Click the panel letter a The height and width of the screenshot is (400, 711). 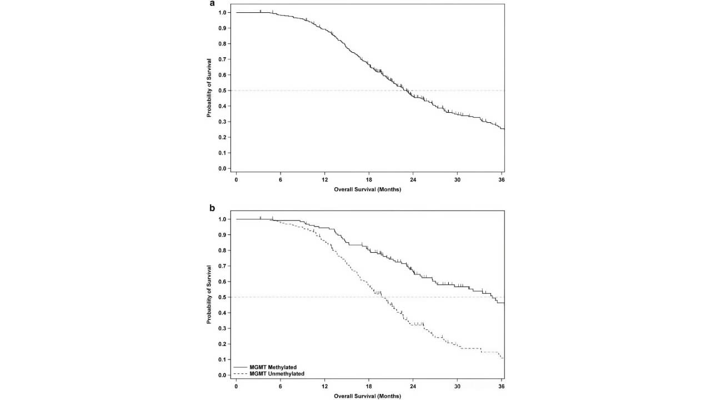(x=212, y=3)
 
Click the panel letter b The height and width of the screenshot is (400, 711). (x=212, y=208)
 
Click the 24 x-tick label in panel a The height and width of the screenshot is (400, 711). (x=413, y=180)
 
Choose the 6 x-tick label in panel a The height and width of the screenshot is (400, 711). (x=281, y=180)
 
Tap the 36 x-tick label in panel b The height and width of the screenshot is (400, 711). (x=502, y=387)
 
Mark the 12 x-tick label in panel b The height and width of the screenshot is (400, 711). (x=325, y=387)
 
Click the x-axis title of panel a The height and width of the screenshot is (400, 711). (x=367, y=189)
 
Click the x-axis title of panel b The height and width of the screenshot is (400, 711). (x=367, y=396)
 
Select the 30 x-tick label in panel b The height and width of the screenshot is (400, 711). (x=457, y=387)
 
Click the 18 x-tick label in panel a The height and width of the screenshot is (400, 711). (x=369, y=180)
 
